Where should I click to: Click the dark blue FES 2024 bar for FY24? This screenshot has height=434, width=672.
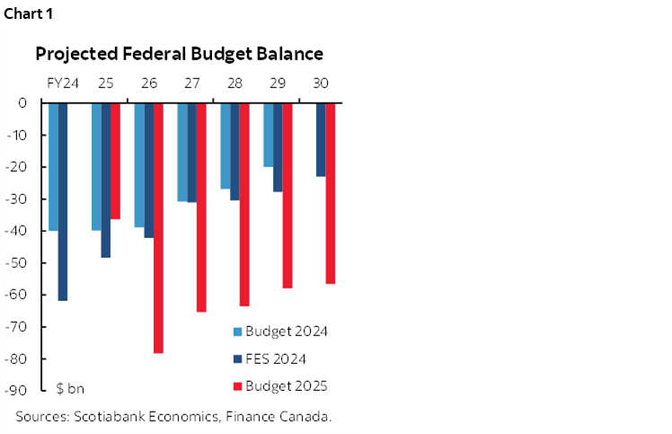[x=63, y=201]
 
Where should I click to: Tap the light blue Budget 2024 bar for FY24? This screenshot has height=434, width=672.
[x=53, y=166]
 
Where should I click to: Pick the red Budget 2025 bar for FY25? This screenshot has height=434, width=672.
[x=115, y=161]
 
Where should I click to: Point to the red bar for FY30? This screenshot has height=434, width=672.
[x=331, y=192]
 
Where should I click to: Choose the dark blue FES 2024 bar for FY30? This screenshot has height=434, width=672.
[x=321, y=139]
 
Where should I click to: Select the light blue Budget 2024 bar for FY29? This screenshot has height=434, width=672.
[x=268, y=134]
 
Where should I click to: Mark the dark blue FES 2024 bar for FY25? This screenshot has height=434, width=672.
[x=106, y=180]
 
